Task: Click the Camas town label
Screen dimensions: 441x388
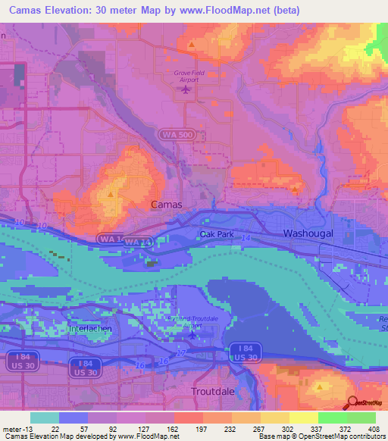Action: coord(166,205)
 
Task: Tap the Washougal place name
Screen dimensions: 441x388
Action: coord(308,234)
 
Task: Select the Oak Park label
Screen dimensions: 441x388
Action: coord(217,235)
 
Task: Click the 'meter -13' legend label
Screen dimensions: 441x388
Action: coord(17,429)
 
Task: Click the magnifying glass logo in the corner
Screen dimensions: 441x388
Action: coord(352,405)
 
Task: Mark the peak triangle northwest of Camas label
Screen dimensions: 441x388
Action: coord(111,194)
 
